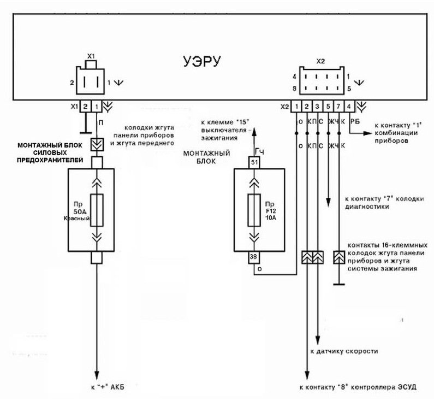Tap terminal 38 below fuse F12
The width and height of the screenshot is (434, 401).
click(254, 256)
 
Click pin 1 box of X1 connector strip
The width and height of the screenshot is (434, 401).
click(97, 107)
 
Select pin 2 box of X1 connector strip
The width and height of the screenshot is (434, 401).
click(86, 107)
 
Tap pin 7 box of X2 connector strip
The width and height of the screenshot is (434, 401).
click(339, 107)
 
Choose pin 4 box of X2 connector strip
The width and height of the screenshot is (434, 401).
click(350, 107)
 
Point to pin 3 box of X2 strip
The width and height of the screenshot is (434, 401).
click(318, 107)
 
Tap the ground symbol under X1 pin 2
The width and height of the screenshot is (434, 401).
click(86, 132)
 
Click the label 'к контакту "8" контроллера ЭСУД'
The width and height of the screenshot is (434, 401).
click(358, 387)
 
